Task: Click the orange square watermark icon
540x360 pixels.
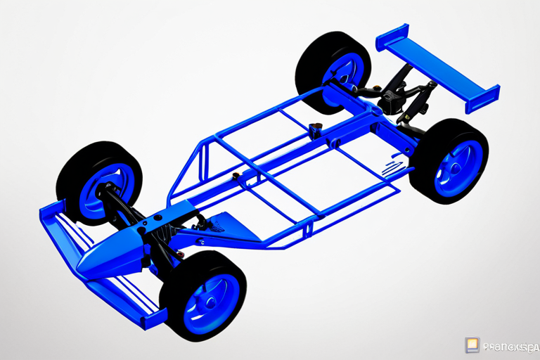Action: pos(472,345)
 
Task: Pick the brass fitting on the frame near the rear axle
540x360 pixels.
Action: pos(314,129)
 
